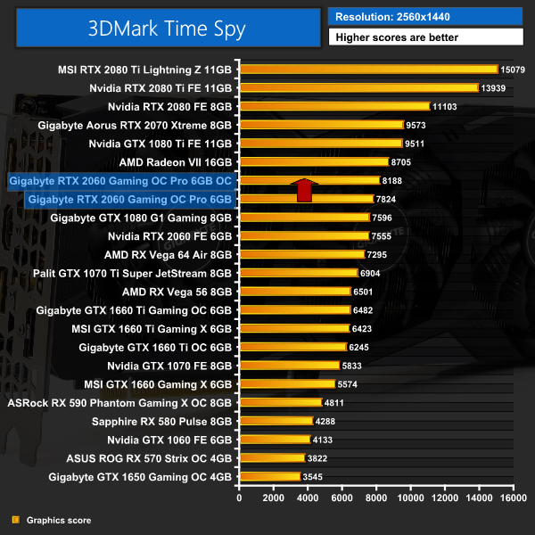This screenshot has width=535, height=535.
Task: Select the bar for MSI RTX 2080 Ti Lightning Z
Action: pyautogui.click(x=367, y=69)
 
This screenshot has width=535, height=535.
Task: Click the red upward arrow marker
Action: pyautogui.click(x=304, y=190)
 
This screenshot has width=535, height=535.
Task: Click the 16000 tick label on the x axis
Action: pyautogui.click(x=512, y=498)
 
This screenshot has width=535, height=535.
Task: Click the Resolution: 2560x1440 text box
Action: pyautogui.click(x=425, y=15)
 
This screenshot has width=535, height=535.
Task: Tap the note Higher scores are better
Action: pyautogui.click(x=425, y=37)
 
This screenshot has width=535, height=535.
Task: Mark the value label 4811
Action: pyautogui.click(x=335, y=403)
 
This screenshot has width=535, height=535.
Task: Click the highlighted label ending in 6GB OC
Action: pyautogui.click(x=120, y=180)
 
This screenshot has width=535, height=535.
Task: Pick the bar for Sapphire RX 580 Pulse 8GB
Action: pyautogui.click(x=276, y=421)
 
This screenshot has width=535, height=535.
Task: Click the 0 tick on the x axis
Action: pyautogui.click(x=239, y=498)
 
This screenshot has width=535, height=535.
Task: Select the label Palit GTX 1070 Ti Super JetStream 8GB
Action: pyautogui.click(x=132, y=273)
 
